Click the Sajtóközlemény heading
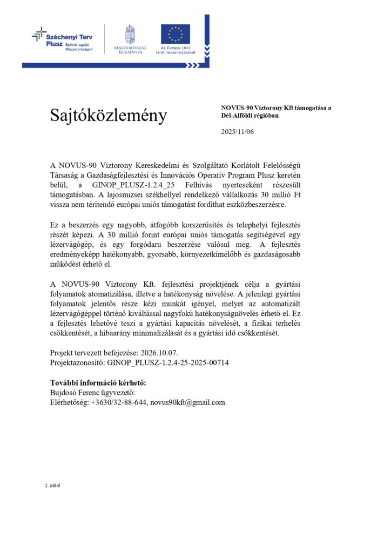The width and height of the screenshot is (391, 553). click(x=109, y=115)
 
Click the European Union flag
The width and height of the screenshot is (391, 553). click(x=175, y=33)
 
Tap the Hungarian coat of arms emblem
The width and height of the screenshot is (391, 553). click(x=130, y=33)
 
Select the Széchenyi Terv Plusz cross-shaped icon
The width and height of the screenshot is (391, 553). click(x=39, y=34)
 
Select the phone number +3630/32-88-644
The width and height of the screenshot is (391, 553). click(x=119, y=402)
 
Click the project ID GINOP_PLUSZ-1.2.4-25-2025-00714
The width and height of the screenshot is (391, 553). click(x=168, y=362)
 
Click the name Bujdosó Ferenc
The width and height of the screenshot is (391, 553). click(x=76, y=393)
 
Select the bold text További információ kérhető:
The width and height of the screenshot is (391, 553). click(x=98, y=383)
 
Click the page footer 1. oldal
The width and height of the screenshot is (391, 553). click(x=52, y=485)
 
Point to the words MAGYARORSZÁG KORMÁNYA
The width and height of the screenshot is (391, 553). click(x=130, y=50)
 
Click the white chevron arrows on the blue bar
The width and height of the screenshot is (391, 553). click(x=193, y=65)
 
